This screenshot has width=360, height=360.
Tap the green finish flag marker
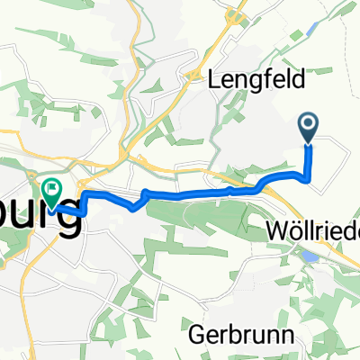click(51, 191)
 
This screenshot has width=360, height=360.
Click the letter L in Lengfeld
click(214, 79)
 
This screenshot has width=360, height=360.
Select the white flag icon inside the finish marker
click(51, 189)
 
